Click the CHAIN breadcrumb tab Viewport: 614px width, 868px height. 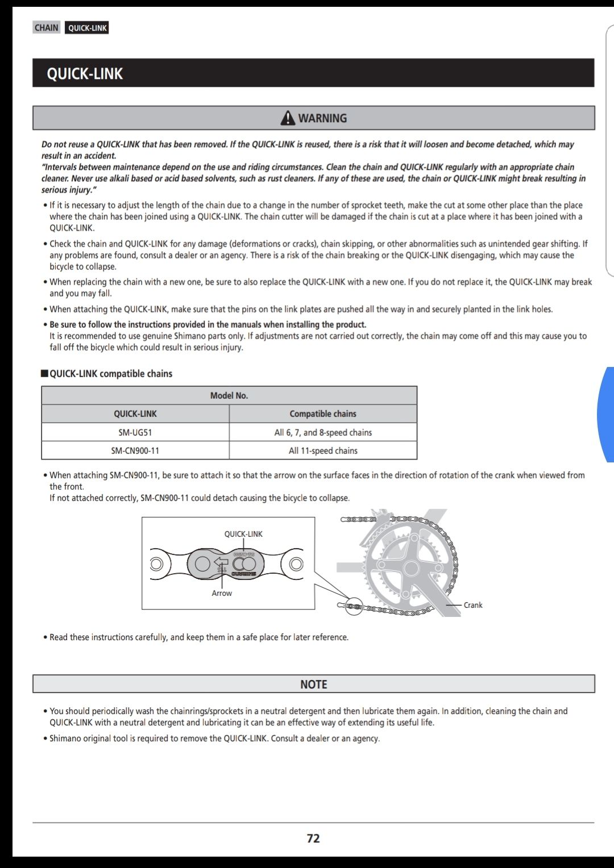coord(46,28)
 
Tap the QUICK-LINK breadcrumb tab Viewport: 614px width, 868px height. coord(87,28)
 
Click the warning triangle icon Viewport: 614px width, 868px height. coord(288,118)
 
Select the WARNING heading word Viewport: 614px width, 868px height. coord(322,118)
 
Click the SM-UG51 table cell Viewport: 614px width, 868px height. coord(135,432)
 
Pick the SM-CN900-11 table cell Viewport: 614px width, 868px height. coord(135,450)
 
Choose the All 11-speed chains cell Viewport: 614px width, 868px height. coord(323,450)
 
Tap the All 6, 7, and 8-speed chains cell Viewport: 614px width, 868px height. coord(323,432)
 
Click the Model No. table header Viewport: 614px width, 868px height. coord(229,395)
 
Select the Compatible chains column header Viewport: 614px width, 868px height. coord(323,414)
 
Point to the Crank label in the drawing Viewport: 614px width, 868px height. coord(472,605)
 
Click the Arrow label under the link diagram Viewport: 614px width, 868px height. coord(222,593)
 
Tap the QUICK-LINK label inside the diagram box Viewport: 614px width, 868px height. coord(243,534)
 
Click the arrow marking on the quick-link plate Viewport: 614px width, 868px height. coord(221,563)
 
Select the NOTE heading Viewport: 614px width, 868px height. coord(313,685)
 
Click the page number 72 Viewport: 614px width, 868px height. coord(313,838)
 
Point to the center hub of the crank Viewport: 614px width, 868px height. coord(411,568)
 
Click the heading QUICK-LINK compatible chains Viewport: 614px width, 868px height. coord(110,374)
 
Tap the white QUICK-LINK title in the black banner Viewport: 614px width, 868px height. coord(85,74)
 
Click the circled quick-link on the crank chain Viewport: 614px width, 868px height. coord(354,607)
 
